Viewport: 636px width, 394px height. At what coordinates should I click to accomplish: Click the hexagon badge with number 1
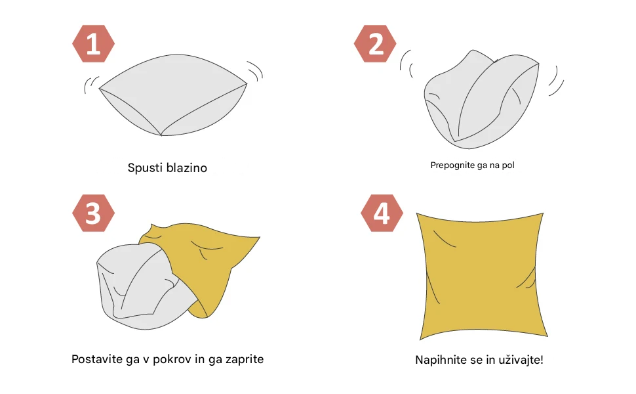(x=93, y=43)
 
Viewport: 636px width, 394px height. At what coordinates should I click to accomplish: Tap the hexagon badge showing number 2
(x=375, y=43)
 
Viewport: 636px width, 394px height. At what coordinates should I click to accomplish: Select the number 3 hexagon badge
(x=93, y=213)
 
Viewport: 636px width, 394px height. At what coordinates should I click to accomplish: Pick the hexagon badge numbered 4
(x=382, y=213)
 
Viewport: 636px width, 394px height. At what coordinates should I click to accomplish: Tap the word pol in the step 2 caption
(x=508, y=165)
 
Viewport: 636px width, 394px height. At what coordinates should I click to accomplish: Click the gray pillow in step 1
(x=173, y=95)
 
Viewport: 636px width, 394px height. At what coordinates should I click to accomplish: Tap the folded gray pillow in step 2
(x=481, y=100)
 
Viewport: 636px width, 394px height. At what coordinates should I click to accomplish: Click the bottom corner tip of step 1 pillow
(x=161, y=135)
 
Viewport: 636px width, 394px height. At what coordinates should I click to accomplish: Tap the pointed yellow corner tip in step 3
(x=260, y=237)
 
